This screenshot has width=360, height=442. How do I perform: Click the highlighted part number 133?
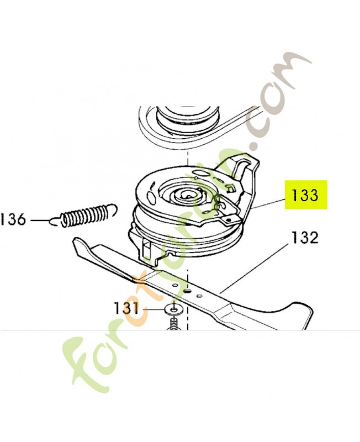coord(305,195)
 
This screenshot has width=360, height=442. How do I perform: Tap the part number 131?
coord(126,308)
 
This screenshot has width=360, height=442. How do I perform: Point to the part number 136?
coord(13,220)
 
